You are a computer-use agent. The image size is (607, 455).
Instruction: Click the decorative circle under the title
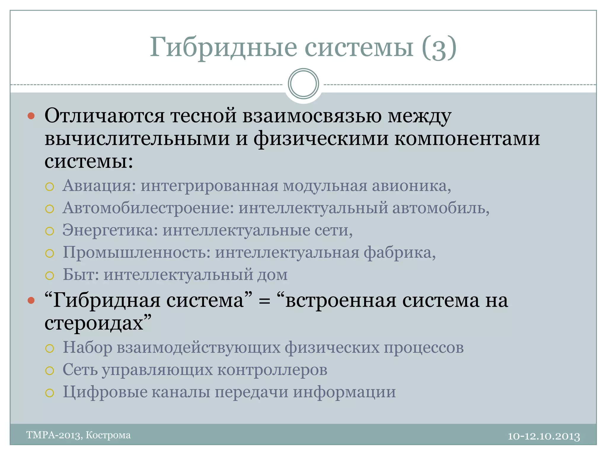coord(303,84)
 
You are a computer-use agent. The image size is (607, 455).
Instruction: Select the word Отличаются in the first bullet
coord(104,116)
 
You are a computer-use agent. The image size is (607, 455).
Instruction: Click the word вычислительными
coord(137,139)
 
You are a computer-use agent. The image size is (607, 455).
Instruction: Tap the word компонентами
coord(467,139)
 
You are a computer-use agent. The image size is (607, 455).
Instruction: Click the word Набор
coord(87,347)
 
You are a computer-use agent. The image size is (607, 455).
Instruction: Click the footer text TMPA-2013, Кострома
coord(79,435)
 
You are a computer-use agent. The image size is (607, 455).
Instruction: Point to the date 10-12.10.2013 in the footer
coord(544,436)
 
